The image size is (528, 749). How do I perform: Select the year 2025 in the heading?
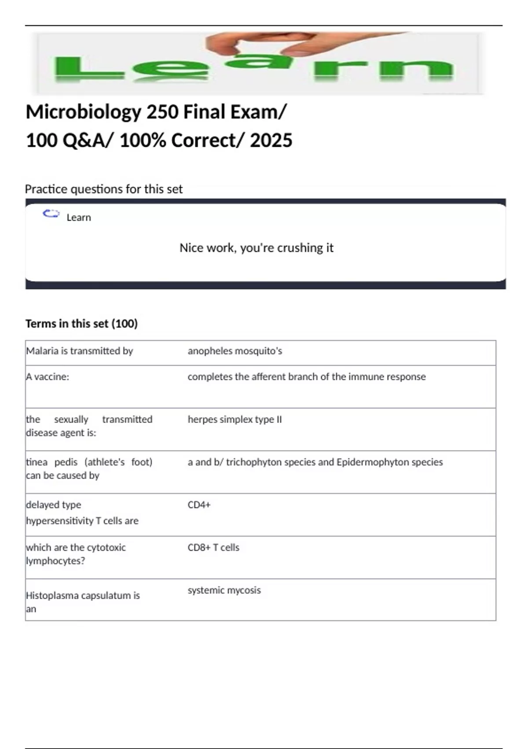(271, 141)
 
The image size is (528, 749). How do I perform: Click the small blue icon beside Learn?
(51, 214)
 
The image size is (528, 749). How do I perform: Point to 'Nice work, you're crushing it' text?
(257, 248)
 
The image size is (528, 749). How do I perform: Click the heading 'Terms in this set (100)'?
(81, 324)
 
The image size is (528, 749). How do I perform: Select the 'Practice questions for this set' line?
(103, 189)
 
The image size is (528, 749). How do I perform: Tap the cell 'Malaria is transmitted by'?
(80, 351)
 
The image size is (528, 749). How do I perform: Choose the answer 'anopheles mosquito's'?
(235, 351)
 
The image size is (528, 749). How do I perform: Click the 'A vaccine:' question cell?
(48, 377)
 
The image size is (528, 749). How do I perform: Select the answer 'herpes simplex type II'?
(235, 419)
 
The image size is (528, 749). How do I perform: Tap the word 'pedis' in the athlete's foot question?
(66, 462)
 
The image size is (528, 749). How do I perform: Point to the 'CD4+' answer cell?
(199, 505)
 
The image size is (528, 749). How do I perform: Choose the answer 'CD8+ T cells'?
(213, 548)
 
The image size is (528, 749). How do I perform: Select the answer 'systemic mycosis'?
(224, 590)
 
